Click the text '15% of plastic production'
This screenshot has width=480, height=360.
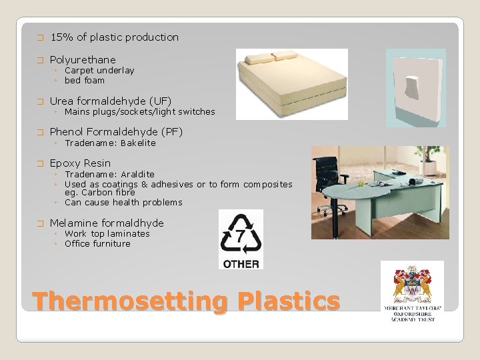(115, 37)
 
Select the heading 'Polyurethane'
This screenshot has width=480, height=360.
(83, 59)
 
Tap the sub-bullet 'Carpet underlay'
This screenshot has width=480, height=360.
(99, 70)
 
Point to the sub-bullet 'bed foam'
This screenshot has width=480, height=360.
(85, 80)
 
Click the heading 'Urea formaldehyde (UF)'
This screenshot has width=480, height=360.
(111, 101)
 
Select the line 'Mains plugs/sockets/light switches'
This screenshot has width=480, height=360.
(139, 111)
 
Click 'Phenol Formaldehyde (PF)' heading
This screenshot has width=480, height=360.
(116, 131)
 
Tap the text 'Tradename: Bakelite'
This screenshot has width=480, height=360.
(110, 143)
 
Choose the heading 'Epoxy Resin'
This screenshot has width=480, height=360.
(81, 163)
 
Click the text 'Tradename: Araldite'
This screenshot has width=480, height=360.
(109, 174)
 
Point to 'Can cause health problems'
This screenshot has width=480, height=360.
(123, 202)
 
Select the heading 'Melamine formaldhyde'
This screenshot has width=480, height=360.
(107, 223)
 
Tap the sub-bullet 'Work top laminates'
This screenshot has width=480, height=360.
(107, 233)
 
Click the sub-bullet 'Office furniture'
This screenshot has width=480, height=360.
(97, 243)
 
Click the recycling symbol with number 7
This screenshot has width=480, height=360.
(241, 233)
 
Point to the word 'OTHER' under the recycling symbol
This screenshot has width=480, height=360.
(241, 263)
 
